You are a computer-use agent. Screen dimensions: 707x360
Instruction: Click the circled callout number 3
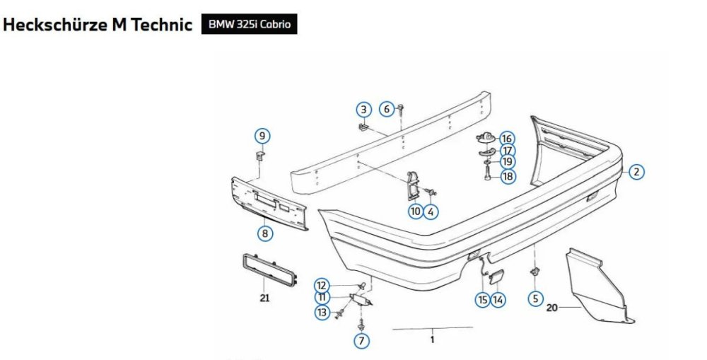tap(364, 110)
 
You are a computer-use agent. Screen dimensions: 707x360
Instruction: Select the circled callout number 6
tap(387, 109)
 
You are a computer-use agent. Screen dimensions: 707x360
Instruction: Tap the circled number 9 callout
tap(262, 136)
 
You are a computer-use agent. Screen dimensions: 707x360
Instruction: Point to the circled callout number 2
tap(636, 172)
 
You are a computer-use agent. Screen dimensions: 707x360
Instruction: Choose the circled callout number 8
tap(264, 233)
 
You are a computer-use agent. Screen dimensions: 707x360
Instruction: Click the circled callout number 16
tap(507, 139)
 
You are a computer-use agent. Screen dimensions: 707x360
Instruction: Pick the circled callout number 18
tap(508, 176)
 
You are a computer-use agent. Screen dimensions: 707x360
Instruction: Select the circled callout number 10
tap(416, 211)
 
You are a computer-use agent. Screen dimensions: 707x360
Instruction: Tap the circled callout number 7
tap(361, 341)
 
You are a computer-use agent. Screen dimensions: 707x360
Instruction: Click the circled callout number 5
tap(535, 298)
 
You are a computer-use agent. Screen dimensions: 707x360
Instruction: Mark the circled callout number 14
tap(498, 300)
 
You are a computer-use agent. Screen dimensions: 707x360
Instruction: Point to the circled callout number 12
tap(322, 286)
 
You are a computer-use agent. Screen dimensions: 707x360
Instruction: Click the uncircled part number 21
tap(264, 298)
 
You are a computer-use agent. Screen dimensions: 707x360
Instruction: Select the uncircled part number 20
tap(552, 308)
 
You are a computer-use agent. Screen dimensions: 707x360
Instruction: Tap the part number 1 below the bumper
tap(433, 339)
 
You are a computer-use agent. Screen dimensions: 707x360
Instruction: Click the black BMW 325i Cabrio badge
tap(250, 24)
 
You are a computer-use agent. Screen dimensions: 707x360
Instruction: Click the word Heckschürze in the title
tap(56, 24)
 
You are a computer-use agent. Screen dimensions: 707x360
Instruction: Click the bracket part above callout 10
tap(413, 186)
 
